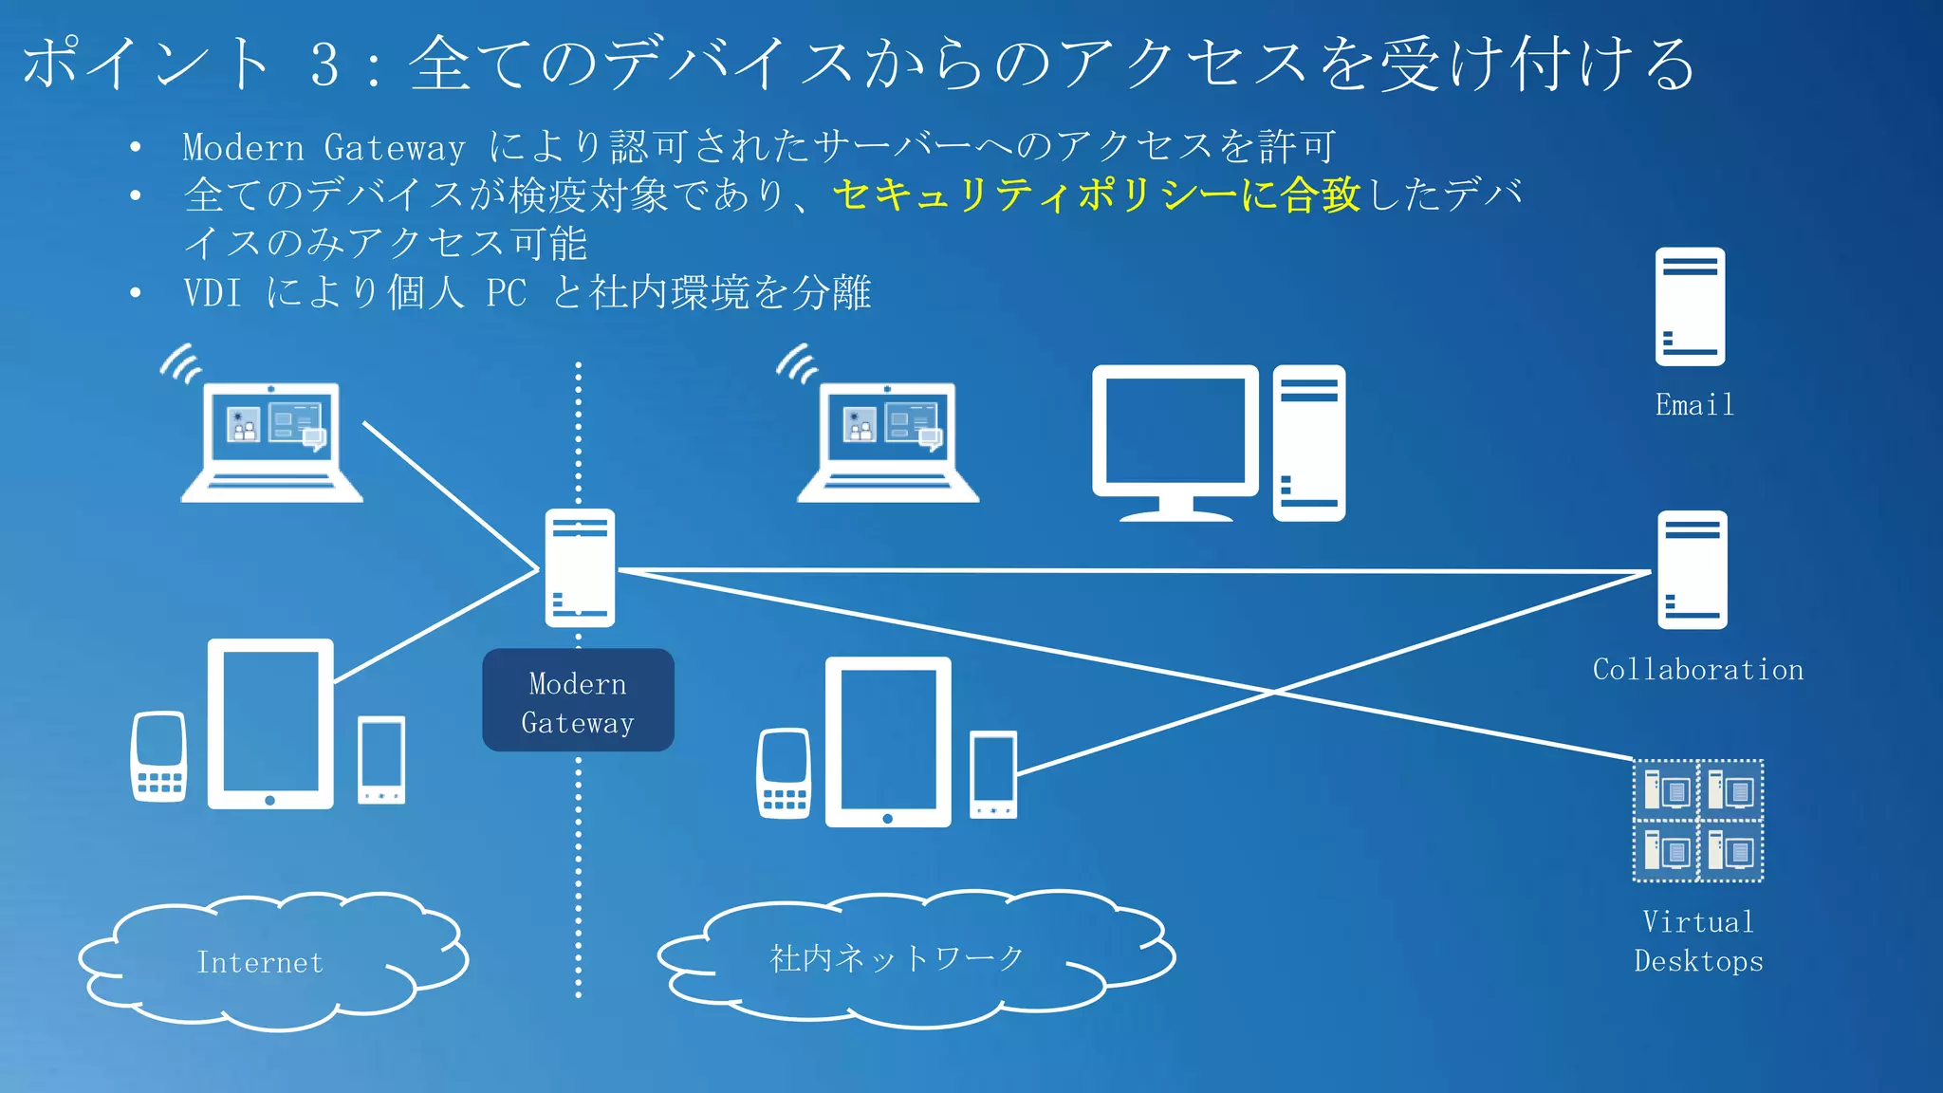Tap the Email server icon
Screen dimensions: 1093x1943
pos(1690,306)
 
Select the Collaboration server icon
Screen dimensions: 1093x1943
pos(1692,569)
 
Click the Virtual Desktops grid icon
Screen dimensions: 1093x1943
pos(1697,821)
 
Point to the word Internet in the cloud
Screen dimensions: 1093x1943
pos(259,962)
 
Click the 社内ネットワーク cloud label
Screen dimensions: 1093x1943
pos(897,958)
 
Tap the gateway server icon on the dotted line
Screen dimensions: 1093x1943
pos(580,567)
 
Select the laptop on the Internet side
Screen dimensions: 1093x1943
pos(272,442)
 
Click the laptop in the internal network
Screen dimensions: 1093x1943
pos(888,442)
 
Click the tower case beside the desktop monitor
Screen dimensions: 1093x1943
pos(1308,443)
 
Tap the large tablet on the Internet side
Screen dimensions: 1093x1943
pos(270,723)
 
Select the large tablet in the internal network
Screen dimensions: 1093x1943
pos(888,741)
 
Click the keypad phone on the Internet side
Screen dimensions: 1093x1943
pos(158,756)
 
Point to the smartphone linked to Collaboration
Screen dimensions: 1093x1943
pos(993,774)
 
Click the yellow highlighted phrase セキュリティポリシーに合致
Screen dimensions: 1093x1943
pos(1096,195)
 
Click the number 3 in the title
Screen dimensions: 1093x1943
pos(324,65)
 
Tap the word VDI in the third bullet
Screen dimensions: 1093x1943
pos(213,292)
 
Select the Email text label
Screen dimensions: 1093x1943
pos(1694,405)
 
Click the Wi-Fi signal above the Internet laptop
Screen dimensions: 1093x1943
pos(180,363)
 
